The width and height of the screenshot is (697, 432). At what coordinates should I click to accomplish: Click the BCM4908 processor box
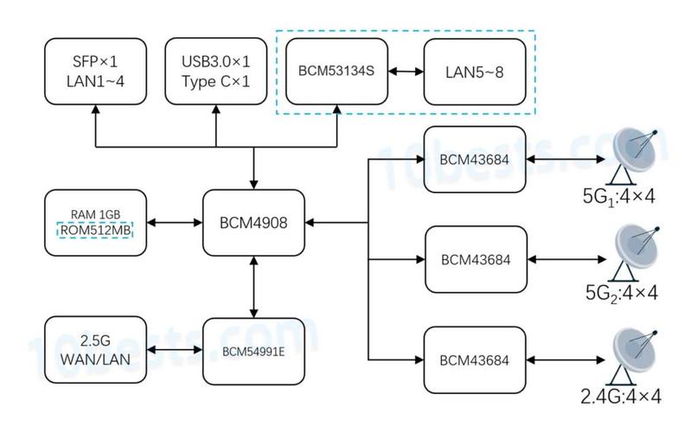[x=253, y=222]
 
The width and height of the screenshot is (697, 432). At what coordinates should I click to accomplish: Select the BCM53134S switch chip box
[x=336, y=71]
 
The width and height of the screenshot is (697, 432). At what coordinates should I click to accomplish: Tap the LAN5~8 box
[x=475, y=72]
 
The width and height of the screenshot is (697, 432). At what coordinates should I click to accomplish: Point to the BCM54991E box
[x=253, y=351]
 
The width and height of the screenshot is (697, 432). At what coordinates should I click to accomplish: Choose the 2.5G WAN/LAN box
[x=96, y=350]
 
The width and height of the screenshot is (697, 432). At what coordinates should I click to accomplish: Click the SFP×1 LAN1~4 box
[x=96, y=71]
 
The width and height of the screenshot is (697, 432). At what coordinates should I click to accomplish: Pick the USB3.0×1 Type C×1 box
[x=216, y=71]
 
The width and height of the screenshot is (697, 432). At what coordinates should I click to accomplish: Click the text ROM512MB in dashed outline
[x=96, y=230]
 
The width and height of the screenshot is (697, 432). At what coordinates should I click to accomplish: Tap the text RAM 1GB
[x=96, y=214]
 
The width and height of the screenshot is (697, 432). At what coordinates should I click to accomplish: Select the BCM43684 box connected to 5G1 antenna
[x=475, y=159]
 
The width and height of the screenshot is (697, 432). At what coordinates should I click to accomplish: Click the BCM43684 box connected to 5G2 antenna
[x=476, y=259]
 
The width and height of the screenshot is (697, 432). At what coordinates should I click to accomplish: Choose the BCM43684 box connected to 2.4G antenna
[x=475, y=360]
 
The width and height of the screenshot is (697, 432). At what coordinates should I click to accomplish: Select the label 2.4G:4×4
[x=621, y=397]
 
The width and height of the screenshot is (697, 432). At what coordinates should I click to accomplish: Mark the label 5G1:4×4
[x=619, y=197]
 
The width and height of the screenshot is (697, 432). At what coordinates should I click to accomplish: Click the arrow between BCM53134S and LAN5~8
[x=406, y=71]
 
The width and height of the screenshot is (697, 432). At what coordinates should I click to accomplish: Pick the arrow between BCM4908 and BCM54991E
[x=254, y=287]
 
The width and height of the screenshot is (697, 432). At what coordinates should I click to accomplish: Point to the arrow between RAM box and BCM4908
[x=175, y=222]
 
